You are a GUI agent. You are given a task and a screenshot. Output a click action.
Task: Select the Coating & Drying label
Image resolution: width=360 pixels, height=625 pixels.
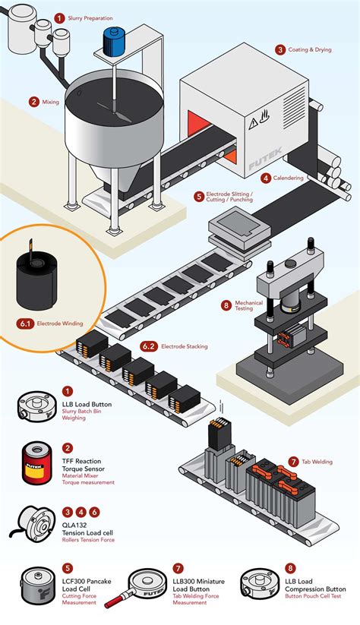310,50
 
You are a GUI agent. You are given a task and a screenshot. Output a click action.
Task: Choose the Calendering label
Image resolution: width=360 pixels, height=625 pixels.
289,178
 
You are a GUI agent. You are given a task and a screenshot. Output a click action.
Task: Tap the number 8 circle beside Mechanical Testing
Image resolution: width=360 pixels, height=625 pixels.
226,305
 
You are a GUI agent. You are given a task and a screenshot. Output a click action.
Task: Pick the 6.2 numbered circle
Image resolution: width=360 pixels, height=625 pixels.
149,346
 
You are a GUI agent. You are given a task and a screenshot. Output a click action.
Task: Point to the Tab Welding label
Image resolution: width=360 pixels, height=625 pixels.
320,461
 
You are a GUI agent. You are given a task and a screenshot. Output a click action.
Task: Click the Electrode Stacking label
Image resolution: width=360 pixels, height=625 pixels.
185,346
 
